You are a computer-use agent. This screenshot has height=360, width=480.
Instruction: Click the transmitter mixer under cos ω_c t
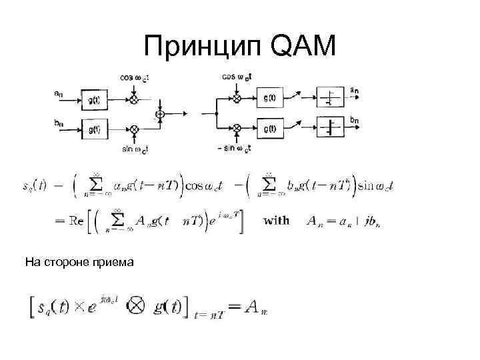click(134, 99)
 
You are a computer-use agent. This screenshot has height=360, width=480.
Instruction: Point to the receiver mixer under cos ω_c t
click(236, 98)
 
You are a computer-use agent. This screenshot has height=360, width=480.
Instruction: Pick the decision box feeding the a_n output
click(329, 98)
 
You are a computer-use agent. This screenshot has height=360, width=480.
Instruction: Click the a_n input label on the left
click(59, 95)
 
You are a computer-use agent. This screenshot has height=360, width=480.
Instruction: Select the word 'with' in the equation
click(277, 220)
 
